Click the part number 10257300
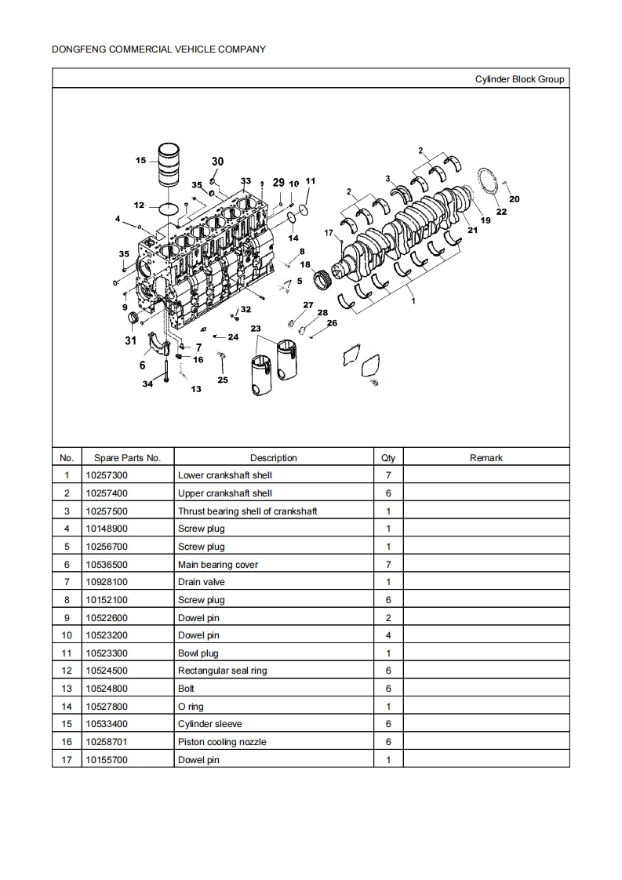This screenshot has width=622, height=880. [106, 475]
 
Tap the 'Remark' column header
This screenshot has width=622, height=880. [486, 458]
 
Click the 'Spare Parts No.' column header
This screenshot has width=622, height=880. [127, 458]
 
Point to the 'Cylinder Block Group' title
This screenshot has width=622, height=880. [519, 79]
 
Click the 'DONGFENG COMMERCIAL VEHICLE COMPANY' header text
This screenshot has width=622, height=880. [158, 49]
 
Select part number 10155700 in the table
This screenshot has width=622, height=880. [106, 760]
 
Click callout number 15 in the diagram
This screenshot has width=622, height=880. [140, 161]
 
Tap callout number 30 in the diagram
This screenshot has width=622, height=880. [217, 162]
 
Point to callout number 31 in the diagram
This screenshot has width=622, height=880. [130, 340]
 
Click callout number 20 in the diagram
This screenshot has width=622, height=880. [515, 199]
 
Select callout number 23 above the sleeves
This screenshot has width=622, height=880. [256, 328]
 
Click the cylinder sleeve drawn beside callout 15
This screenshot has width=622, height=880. [170, 165]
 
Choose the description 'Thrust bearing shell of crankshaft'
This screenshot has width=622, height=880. [247, 511]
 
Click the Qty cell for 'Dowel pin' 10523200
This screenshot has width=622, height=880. [388, 635]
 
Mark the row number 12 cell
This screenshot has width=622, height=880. [67, 671]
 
